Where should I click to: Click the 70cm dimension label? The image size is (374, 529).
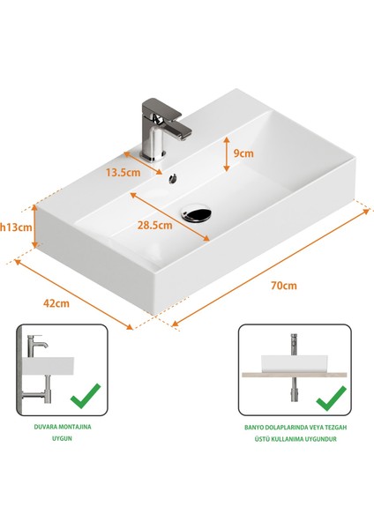[x=284, y=286]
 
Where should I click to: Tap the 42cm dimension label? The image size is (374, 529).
[x=56, y=302]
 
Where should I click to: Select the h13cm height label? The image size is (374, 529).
[x=15, y=227]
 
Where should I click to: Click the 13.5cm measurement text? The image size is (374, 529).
[x=123, y=172]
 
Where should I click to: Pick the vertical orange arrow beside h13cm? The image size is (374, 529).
[x=34, y=227]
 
